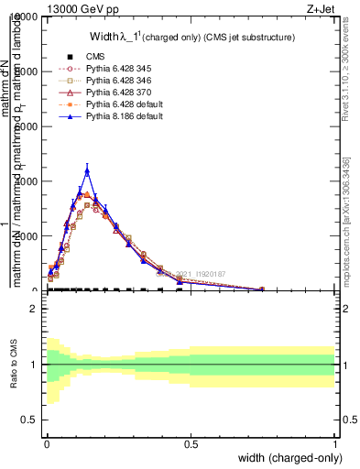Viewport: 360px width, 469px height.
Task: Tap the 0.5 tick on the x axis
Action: [191, 443]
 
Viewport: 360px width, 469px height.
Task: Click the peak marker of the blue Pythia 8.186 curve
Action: [87, 170]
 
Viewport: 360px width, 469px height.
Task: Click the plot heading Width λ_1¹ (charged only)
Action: [192, 38]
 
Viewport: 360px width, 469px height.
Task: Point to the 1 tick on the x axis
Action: [335, 443]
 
